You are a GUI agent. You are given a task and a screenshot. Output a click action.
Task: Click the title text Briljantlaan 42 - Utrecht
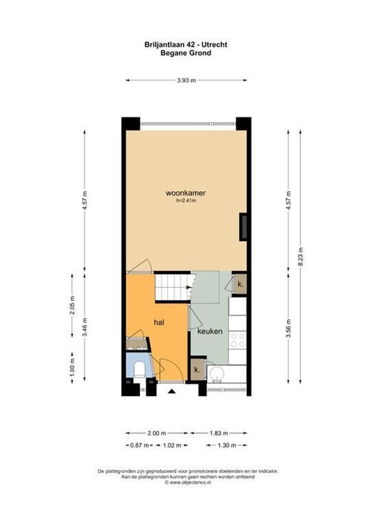[186, 44]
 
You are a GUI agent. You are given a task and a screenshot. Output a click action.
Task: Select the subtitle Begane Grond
[186, 53]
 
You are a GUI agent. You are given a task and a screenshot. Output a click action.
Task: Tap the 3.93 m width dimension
[186, 80]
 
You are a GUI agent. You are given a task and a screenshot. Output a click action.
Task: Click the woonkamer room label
[186, 193]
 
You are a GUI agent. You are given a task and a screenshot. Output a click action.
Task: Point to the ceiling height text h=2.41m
[186, 201]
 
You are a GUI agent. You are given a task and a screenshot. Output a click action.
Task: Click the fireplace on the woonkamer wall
[242, 227]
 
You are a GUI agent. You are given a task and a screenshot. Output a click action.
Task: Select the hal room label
[159, 322]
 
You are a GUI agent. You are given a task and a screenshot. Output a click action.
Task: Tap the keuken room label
[210, 331]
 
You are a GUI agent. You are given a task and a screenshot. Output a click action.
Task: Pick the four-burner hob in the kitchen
[238, 339]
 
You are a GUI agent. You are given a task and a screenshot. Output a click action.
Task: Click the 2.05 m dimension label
[72, 305]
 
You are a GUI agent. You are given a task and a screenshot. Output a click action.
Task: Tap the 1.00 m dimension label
[72, 367]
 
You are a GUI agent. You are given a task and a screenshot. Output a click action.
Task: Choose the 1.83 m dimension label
[218, 432]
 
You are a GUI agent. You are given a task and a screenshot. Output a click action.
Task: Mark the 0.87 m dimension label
[135, 445]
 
